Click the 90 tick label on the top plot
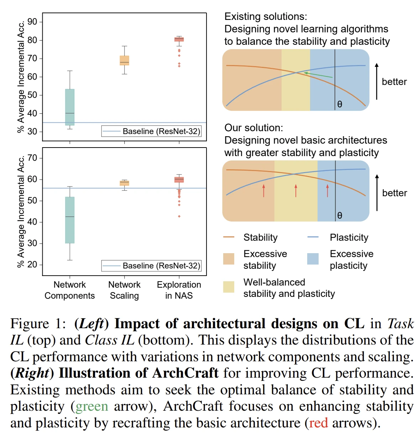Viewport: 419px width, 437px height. click(32, 22)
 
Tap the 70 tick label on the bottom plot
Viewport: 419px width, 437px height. click(32, 158)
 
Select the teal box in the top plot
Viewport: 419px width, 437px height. click(70, 107)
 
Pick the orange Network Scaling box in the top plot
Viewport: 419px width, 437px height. click(124, 60)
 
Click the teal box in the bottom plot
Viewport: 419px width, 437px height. click(70, 220)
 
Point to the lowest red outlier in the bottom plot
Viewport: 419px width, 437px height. click(179, 216)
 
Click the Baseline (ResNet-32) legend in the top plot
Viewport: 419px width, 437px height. click(151, 131)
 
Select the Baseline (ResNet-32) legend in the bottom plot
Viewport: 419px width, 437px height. click(151, 266)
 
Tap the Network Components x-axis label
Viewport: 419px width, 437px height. click(70, 290)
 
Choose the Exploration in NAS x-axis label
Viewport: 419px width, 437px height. click(179, 290)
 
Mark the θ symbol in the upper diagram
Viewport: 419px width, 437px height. click(340, 104)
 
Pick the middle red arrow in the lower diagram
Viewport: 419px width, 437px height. click(296, 191)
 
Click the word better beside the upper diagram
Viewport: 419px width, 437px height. click(394, 82)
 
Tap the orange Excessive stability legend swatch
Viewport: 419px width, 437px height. click(229, 259)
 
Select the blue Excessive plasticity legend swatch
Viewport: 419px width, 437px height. click(313, 259)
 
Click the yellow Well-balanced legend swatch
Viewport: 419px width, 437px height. click(229, 287)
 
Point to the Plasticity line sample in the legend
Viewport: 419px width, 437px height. click(313, 237)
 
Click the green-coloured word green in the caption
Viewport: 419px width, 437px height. click(92, 406)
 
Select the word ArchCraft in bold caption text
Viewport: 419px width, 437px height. click(185, 373)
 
